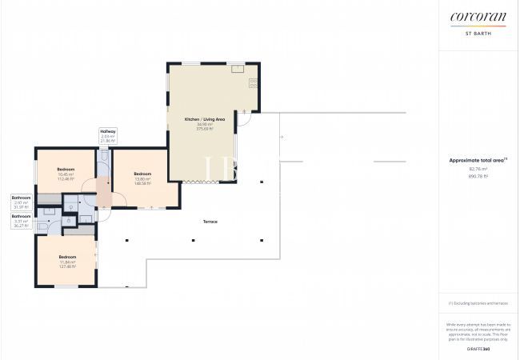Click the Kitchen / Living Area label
coord(205,119)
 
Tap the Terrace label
coord(210,222)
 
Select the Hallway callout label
coord(108,131)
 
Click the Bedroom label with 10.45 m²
coord(66,170)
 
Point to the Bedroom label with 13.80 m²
coord(142,174)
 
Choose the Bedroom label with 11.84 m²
coord(67,257)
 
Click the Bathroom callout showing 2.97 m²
coord(22,197)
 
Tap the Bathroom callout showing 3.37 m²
coord(22,216)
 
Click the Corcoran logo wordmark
coord(478,17)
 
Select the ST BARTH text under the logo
coord(478,33)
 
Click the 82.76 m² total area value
coord(478,169)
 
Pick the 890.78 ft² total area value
coord(478,175)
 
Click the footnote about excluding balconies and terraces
coord(478,303)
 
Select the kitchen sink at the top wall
coord(238,69)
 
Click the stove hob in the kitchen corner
coord(253,82)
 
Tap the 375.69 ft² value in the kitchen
coord(205,129)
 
